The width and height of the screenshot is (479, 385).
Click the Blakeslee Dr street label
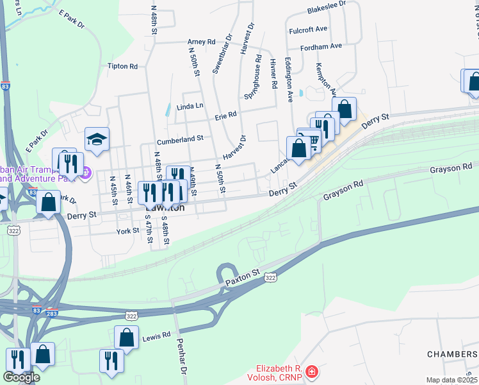point(326,3)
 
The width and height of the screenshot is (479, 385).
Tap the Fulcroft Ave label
point(308,29)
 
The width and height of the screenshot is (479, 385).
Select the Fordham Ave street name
point(314,46)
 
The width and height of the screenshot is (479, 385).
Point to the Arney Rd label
point(201,42)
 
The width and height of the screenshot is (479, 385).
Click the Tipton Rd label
point(123,66)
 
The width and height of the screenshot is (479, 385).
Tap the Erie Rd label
point(225,115)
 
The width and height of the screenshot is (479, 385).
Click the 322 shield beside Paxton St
point(270,277)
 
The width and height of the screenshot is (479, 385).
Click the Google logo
point(21,377)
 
